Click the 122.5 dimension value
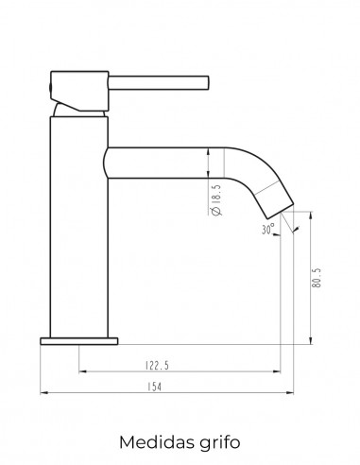(157, 366)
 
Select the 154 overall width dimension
(154, 387)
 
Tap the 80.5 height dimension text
(317, 278)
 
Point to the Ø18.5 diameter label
(217, 200)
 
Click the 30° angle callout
(267, 229)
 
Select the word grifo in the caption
(220, 442)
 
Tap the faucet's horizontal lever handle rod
(159, 83)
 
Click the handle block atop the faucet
(79, 91)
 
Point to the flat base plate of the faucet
(79, 341)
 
